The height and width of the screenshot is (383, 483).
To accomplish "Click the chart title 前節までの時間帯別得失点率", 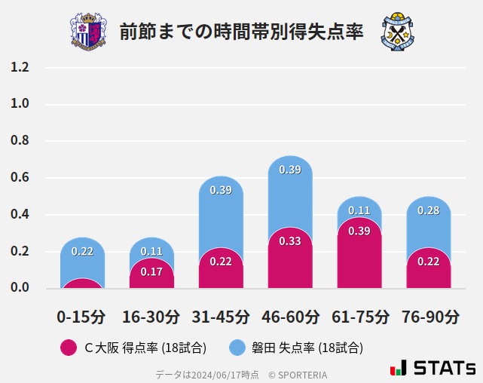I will pyautogui.click(x=241, y=32).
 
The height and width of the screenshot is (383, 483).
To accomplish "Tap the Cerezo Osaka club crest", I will pyautogui.click(x=88, y=31).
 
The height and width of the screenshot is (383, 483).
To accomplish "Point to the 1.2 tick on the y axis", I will pyautogui.click(x=20, y=67).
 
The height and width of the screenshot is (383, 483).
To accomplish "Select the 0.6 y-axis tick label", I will pyautogui.click(x=20, y=178).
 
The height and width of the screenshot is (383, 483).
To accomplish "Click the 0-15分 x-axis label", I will pyautogui.click(x=81, y=317).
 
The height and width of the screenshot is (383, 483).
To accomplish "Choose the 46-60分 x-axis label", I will pyautogui.click(x=289, y=317).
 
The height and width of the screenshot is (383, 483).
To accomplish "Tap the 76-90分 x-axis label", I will pyautogui.click(x=430, y=317).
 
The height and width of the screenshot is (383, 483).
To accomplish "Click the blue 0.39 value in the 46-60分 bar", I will pyautogui.click(x=290, y=170).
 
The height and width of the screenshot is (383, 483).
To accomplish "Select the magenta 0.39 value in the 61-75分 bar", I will pyautogui.click(x=359, y=231).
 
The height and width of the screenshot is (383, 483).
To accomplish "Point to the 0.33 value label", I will pyautogui.click(x=290, y=241).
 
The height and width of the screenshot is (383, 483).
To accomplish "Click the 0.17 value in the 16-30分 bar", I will pyautogui.click(x=151, y=271).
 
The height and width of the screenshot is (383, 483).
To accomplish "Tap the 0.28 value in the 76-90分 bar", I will pyautogui.click(x=429, y=210).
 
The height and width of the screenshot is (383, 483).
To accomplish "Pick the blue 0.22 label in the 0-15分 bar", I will pyautogui.click(x=82, y=251).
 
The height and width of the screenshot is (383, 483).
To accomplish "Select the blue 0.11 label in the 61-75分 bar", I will pyautogui.click(x=359, y=210).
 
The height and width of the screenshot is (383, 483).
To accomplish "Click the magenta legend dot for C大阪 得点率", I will pyautogui.click(x=68, y=348).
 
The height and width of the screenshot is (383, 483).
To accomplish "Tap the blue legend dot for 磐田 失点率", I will pyautogui.click(x=237, y=348).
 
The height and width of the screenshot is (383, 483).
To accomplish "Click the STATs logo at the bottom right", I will pyautogui.click(x=433, y=368).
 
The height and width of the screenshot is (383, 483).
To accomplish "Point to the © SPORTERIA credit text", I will pyautogui.click(x=298, y=374).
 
